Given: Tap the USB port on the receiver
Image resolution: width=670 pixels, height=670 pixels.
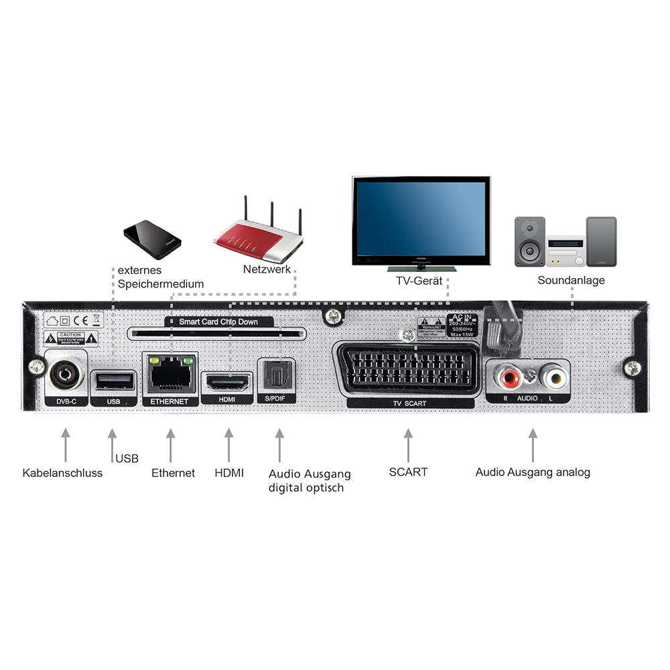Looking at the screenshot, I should (113, 381).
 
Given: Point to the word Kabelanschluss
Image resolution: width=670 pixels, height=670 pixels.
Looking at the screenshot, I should (62, 473).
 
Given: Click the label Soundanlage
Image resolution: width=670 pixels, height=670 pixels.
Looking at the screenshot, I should (571, 280).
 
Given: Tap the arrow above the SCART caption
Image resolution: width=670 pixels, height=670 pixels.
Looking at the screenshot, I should (407, 444).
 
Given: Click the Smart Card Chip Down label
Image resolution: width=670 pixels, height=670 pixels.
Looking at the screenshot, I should (218, 322).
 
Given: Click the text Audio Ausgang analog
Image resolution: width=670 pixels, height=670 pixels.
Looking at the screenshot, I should (533, 472).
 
